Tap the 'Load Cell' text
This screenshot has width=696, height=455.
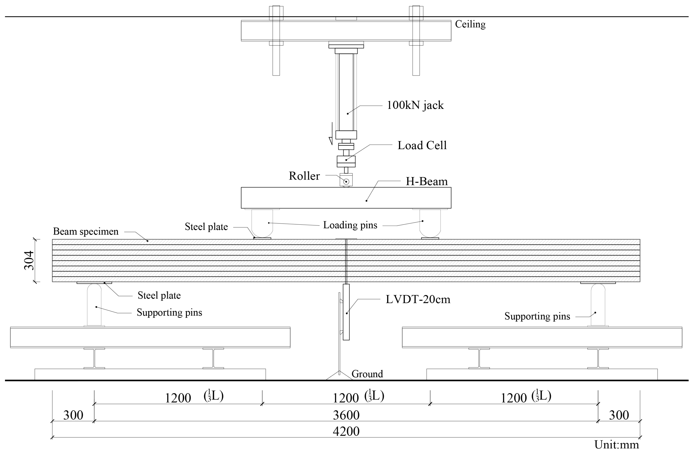pos(422,145)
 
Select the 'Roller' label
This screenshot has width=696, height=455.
pos(304,176)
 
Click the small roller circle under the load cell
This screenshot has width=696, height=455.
pos(346,182)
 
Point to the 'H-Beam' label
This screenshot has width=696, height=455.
pos(426,182)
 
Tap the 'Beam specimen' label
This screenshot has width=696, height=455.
pos(86,232)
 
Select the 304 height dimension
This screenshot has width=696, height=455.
pos(29,260)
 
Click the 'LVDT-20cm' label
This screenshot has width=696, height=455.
pos(418,299)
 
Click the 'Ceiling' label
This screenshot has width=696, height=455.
pos(470,24)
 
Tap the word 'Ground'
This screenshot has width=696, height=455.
pos(367,374)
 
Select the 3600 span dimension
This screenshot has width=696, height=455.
pos(346,415)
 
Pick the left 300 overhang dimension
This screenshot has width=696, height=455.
pos(73,415)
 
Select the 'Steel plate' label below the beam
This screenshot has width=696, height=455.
pos(159,295)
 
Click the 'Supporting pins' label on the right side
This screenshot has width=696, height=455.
pos(537,316)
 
